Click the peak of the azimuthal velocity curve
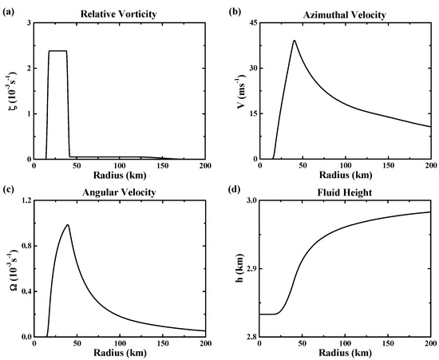click(295, 41)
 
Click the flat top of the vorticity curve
click(57, 51)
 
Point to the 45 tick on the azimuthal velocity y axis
click(255, 22)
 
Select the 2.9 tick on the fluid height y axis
click(253, 269)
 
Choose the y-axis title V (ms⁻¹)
click(240, 90)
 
